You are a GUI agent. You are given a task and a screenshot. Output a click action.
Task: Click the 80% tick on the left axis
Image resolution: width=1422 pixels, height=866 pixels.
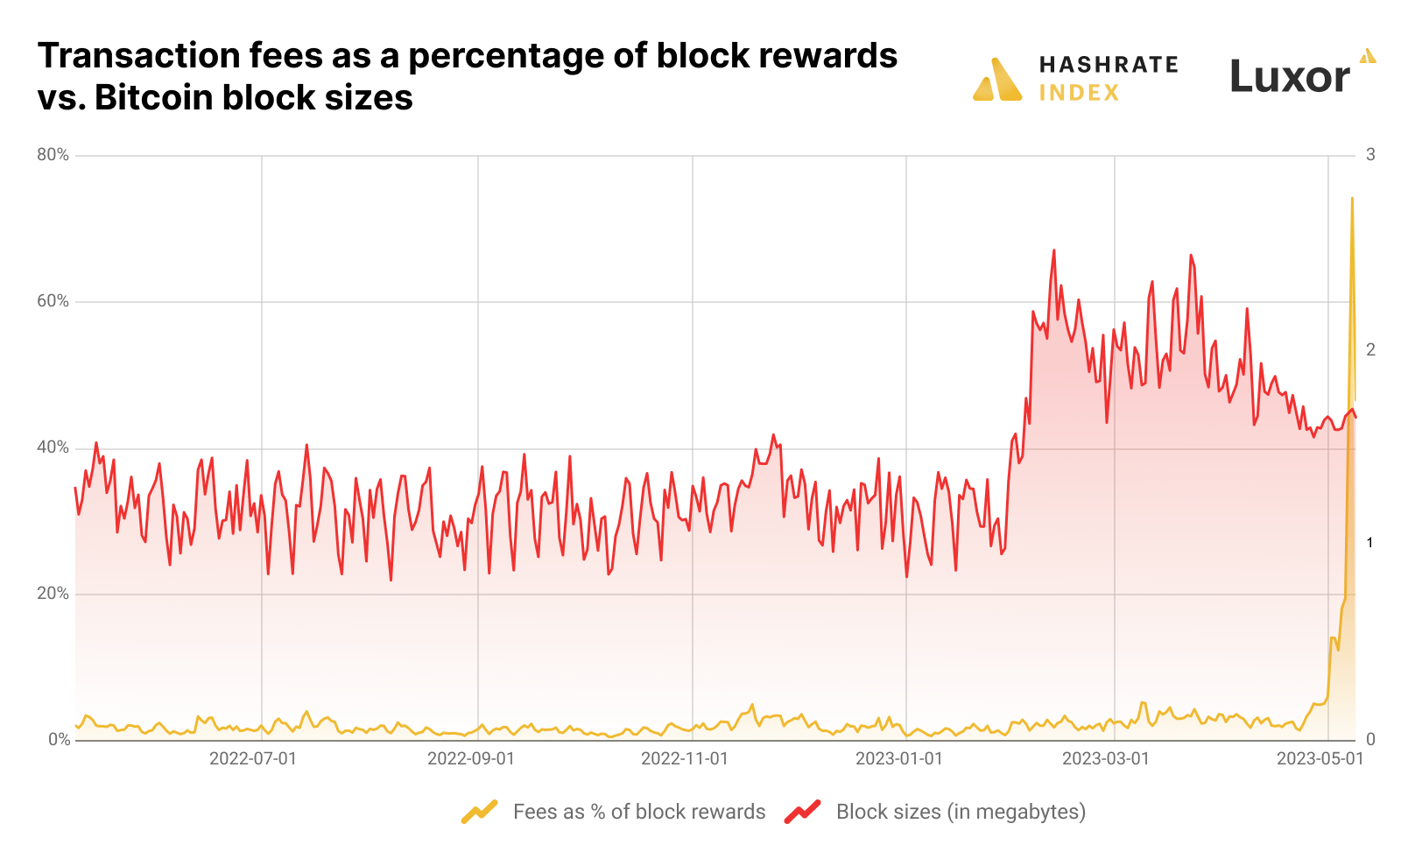[x=53, y=155]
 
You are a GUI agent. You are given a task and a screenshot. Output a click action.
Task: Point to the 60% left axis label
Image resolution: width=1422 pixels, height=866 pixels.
[x=53, y=301]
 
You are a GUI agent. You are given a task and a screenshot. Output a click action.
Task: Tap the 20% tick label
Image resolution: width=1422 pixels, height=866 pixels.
[x=53, y=594]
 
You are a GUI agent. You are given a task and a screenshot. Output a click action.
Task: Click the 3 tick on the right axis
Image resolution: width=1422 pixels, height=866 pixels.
[x=1370, y=155]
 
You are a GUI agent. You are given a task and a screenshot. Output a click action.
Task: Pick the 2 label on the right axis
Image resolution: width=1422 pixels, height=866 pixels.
[x=1370, y=349]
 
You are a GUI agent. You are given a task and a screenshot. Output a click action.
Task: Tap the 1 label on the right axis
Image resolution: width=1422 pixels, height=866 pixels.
[x=1370, y=543]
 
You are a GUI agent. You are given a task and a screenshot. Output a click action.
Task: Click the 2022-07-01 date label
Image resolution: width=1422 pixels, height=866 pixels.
[x=253, y=758]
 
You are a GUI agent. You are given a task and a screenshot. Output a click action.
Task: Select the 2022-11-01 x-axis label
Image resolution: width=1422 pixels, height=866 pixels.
[x=684, y=758]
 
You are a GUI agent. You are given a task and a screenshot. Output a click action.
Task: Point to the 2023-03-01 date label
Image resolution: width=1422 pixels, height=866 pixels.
[x=1105, y=758]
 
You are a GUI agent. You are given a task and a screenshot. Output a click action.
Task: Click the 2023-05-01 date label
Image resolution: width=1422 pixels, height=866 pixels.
[x=1320, y=758]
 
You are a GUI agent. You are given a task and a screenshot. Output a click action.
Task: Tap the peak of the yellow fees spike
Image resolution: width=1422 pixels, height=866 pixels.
[x=1352, y=199]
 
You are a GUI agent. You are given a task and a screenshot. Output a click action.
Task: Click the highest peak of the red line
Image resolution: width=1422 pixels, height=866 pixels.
[x=1053, y=250]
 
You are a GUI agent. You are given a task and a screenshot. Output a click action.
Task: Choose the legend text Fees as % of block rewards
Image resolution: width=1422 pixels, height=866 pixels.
[x=638, y=812]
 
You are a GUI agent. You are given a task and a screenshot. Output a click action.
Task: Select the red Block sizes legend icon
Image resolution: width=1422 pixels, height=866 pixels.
[x=802, y=812]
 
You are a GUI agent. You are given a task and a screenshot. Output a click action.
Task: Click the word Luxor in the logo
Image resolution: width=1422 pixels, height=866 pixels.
[x=1289, y=77]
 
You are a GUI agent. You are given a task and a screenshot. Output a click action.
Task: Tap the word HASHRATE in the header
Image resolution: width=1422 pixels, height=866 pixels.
[x=1109, y=65]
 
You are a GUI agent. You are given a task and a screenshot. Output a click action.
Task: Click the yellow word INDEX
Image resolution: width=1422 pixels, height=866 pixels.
[x=1079, y=93]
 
